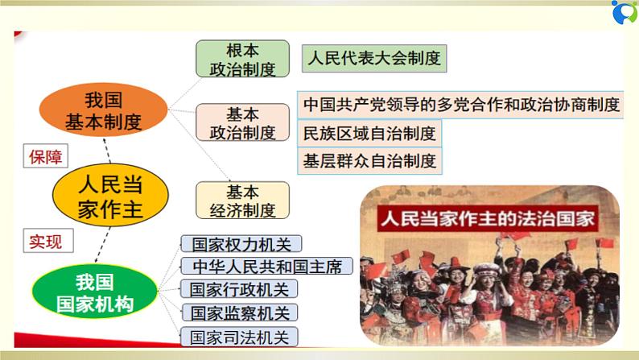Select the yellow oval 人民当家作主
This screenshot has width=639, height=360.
point(111,194)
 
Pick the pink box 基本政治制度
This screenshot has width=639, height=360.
point(242,122)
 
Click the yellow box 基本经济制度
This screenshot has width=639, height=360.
point(242,201)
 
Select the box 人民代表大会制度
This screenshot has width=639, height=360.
point(373,59)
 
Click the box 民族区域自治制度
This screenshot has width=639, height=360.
point(370,132)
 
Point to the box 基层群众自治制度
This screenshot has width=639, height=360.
point(370,159)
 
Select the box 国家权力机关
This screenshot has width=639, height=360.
point(228,244)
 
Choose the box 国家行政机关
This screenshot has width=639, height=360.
point(228,289)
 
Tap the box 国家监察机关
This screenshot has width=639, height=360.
point(228,312)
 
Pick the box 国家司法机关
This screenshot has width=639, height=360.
point(228,336)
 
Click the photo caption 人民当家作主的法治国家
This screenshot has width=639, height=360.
point(487,218)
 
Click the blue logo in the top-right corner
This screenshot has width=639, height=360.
point(622,15)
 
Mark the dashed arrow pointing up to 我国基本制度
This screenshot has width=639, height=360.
point(105,151)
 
